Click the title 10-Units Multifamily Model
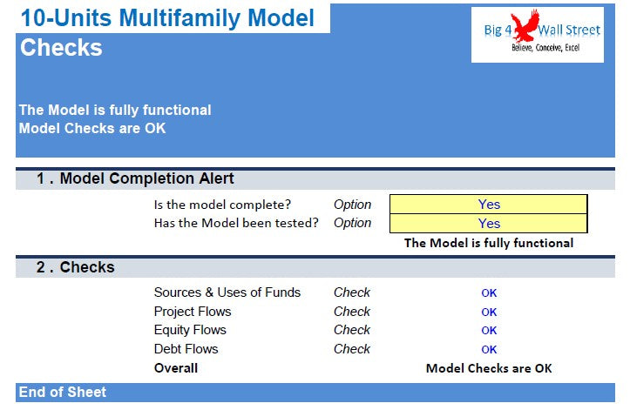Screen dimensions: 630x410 pyautogui.click(x=167, y=18)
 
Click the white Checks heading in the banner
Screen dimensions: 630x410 pyautogui.click(x=61, y=47)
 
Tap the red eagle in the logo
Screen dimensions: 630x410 pyautogui.click(x=525, y=25)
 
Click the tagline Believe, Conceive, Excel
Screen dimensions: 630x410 pyautogui.click(x=545, y=48)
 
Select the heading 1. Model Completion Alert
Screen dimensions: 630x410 pyautogui.click(x=135, y=178)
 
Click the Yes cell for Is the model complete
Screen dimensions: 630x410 pyautogui.click(x=489, y=204)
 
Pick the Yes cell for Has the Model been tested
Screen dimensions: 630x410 pyautogui.click(x=489, y=223)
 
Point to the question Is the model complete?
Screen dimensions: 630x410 pyautogui.click(x=222, y=205)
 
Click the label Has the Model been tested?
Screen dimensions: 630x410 pyautogui.click(x=236, y=223)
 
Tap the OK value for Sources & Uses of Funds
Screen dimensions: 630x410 pyautogui.click(x=489, y=293)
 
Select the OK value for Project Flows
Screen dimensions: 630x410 pyautogui.click(x=489, y=312)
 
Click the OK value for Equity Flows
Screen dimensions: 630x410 pyautogui.click(x=489, y=331)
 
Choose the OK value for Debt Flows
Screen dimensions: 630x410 pyautogui.click(x=489, y=350)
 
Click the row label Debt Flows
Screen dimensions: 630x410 pyautogui.click(x=186, y=349)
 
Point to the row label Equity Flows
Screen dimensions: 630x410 pyautogui.click(x=190, y=330)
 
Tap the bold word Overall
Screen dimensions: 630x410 pyautogui.click(x=176, y=368)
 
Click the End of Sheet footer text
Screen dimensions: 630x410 pyautogui.click(x=62, y=392)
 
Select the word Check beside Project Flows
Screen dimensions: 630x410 pyautogui.click(x=352, y=312)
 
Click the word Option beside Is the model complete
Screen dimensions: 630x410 pyautogui.click(x=352, y=205)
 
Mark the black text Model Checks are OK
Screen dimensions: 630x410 pyautogui.click(x=489, y=368)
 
